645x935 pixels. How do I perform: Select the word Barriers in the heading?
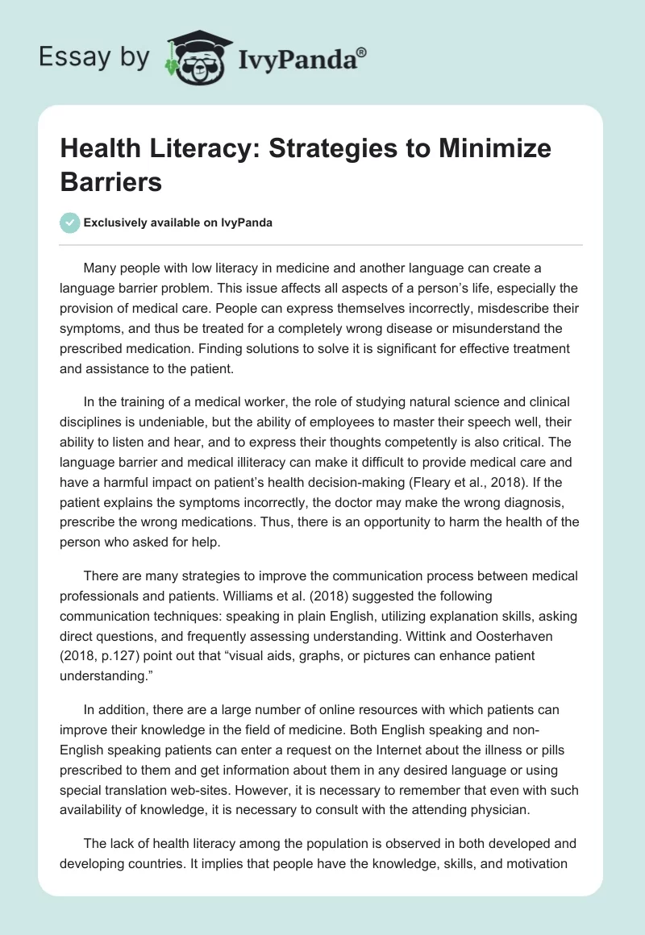point(112,181)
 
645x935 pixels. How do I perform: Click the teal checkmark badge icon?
point(70,222)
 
